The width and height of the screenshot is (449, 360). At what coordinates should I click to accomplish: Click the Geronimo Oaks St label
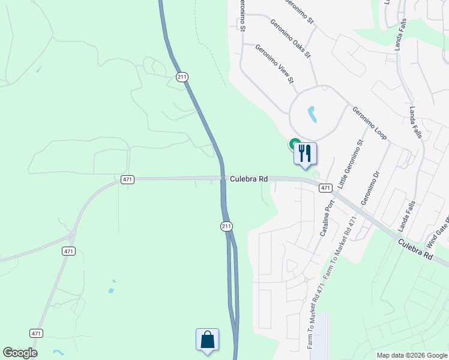click(x=290, y=40)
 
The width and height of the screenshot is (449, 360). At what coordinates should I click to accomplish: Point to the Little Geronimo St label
click(x=351, y=164)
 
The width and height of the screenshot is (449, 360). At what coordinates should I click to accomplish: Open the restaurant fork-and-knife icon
click(x=305, y=154)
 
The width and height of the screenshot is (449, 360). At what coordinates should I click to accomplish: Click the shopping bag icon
click(x=207, y=340)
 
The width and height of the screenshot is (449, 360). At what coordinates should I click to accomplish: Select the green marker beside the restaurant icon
click(x=295, y=144)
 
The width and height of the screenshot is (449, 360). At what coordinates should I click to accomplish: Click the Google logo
click(x=20, y=353)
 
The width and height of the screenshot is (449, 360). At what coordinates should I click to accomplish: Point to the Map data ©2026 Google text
click(x=412, y=355)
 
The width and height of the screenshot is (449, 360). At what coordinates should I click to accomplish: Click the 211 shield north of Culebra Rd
click(x=182, y=77)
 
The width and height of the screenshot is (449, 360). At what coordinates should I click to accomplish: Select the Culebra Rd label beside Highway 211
click(x=249, y=179)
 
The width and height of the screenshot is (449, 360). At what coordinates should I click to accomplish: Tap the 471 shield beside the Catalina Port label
click(x=325, y=188)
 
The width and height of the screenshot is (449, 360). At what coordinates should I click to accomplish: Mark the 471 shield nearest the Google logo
click(x=37, y=333)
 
